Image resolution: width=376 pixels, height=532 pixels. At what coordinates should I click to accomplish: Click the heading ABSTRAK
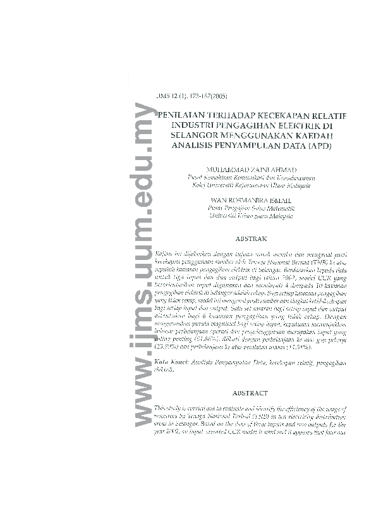pyautogui.click(x=252, y=239)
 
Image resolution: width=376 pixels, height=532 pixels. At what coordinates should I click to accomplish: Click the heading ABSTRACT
pyautogui.click(x=251, y=393)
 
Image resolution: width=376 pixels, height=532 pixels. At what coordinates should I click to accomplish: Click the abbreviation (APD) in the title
pyautogui.click(x=320, y=145)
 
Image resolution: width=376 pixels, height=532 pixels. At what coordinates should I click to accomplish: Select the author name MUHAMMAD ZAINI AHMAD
pyautogui.click(x=252, y=170)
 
